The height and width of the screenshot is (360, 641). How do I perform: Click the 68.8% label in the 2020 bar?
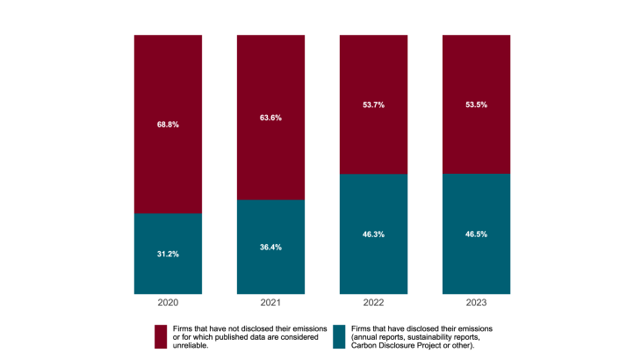[x=168, y=125]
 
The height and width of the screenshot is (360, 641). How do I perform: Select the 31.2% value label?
[x=168, y=255]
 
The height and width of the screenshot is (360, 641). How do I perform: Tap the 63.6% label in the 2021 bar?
[x=270, y=118]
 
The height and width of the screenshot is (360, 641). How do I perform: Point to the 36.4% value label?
[x=270, y=248]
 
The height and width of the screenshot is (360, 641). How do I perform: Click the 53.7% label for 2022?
[x=373, y=104]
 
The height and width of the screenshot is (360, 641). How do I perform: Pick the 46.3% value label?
[x=373, y=234]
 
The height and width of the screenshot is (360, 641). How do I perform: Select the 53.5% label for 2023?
[x=476, y=104]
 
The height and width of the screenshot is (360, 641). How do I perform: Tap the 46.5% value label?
[x=476, y=234]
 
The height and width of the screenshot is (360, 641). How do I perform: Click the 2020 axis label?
[x=168, y=303]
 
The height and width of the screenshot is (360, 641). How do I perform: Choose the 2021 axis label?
[x=270, y=303]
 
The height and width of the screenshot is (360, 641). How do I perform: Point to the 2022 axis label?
[x=373, y=303]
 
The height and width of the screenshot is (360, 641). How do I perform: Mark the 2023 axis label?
[x=476, y=303]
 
